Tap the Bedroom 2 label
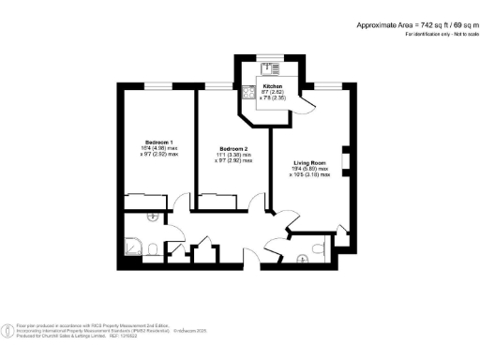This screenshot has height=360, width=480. tap(232, 149)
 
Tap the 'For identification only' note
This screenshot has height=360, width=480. tap(442, 34)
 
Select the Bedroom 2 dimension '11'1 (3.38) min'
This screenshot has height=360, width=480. tap(233, 156)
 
